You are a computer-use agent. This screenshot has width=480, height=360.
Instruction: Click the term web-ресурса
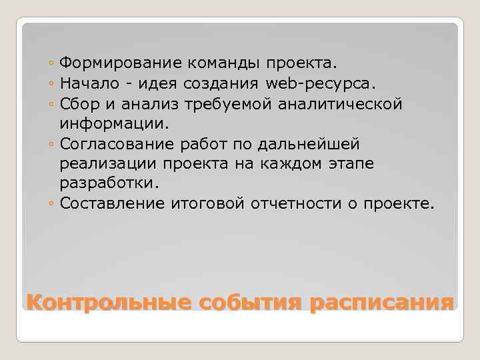[320, 84]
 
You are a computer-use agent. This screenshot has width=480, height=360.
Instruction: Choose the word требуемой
[212, 104]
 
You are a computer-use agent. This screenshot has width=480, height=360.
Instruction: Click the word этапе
[331, 164]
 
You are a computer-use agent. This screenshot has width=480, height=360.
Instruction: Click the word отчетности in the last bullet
[295, 203]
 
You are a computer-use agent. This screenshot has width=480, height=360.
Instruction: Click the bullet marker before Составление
[52, 204]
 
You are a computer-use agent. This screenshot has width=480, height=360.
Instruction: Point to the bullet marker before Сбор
[52, 105]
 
